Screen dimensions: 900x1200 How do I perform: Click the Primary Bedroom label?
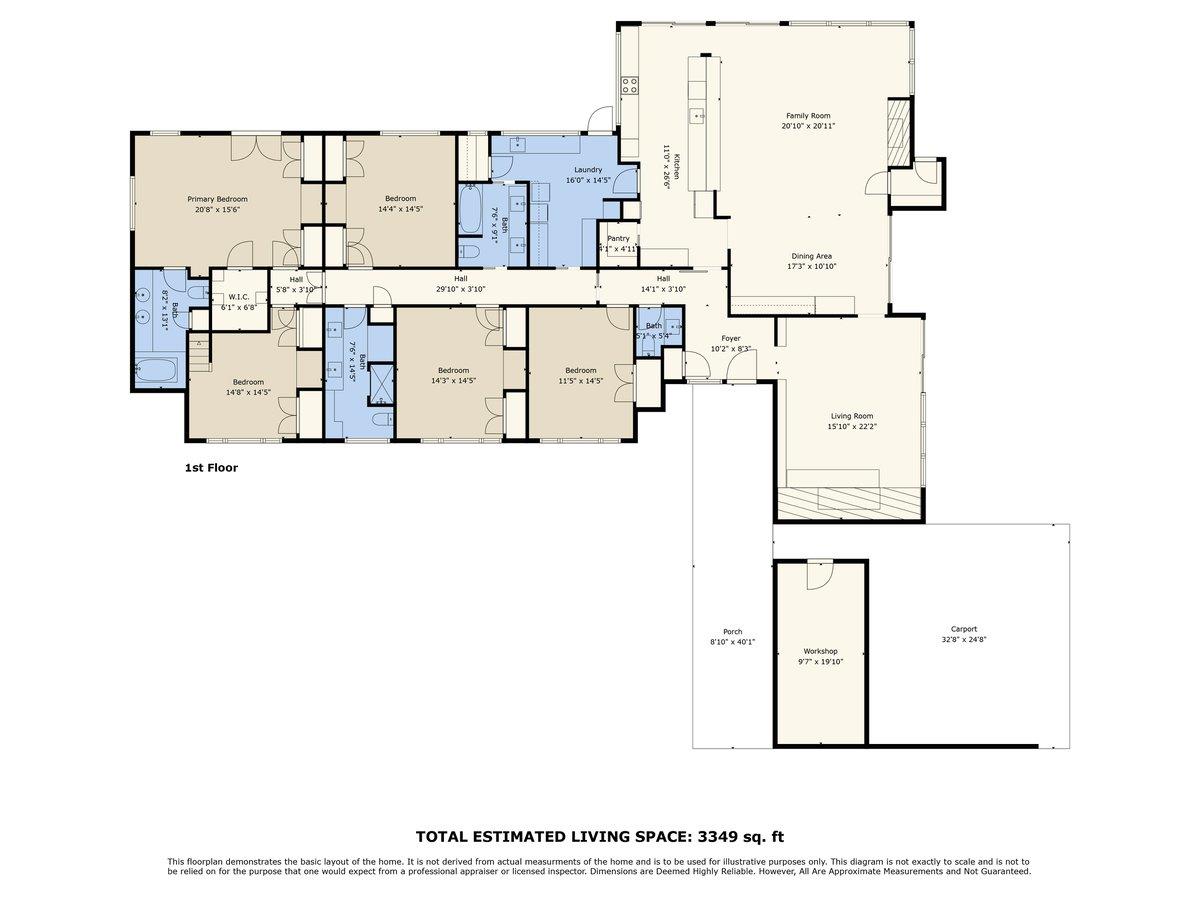[x=217, y=199]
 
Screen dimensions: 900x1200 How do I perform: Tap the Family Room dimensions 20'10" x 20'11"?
[x=807, y=126]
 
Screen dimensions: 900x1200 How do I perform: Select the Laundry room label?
[x=587, y=170]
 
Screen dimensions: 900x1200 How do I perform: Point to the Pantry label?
[x=618, y=239]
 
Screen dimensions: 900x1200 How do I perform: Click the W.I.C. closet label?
[x=238, y=297]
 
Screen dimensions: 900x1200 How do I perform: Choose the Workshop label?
[x=820, y=651]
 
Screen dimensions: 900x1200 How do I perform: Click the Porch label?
[x=732, y=631]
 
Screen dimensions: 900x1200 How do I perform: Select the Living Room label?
[x=851, y=416]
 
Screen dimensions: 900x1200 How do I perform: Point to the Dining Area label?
[x=810, y=256]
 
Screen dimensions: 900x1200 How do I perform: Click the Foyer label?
[x=731, y=339]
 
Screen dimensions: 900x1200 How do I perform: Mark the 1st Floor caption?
[x=211, y=467]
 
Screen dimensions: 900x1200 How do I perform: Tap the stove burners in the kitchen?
[x=631, y=86]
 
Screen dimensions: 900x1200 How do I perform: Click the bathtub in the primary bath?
[x=157, y=372]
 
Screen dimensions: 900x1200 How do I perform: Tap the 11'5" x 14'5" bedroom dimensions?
[x=580, y=380]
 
